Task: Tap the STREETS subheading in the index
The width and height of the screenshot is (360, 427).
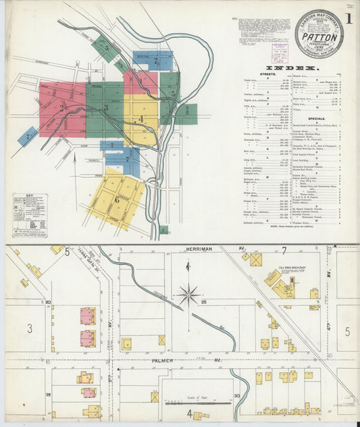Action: (x=267, y=74)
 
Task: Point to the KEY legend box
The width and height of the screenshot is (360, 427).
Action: (x=29, y=225)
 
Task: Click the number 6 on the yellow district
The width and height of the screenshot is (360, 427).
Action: (x=118, y=199)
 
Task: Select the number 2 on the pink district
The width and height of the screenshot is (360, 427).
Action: (x=61, y=107)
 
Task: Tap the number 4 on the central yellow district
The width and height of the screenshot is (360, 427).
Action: (x=140, y=119)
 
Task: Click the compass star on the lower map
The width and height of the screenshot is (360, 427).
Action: (x=188, y=295)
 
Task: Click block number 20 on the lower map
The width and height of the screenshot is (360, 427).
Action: (x=49, y=302)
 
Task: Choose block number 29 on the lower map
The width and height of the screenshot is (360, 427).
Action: (x=49, y=395)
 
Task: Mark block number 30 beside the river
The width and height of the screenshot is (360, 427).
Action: (x=236, y=395)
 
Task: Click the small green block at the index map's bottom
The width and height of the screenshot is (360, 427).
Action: (x=163, y=230)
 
